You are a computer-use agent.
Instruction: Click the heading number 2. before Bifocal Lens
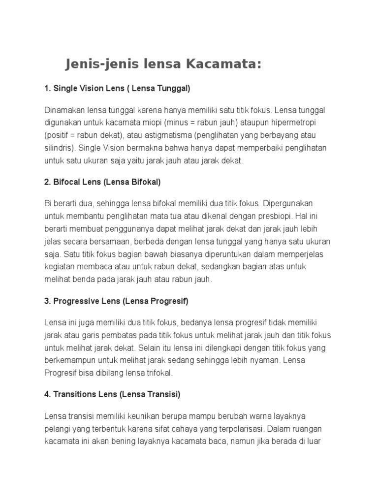tap(48, 182)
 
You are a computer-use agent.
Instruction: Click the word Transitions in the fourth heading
tap(77, 394)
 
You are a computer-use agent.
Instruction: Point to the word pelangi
tap(58, 428)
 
